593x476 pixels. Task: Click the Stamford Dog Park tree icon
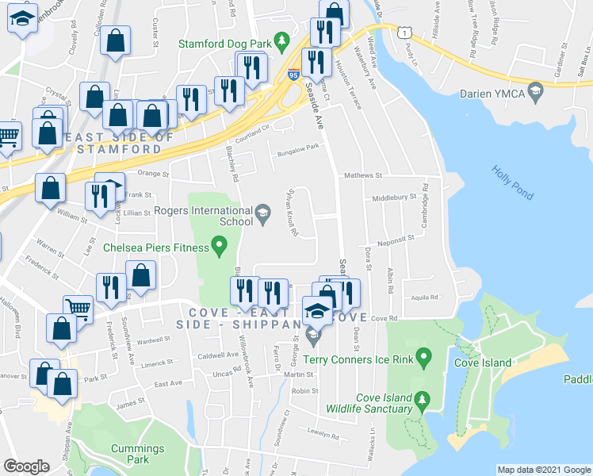click(280, 40)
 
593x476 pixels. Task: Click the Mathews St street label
click(362, 175)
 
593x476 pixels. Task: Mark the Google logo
click(26, 466)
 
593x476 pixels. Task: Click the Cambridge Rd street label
click(425, 206)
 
